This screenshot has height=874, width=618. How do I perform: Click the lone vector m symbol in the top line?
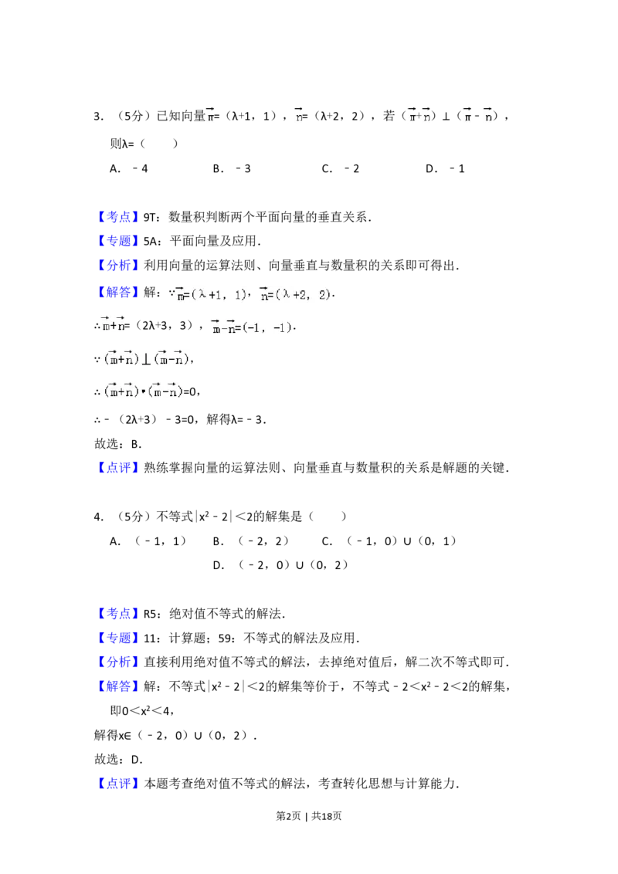pyautogui.click(x=209, y=115)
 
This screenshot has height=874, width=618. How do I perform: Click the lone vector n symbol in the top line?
pyautogui.click(x=297, y=115)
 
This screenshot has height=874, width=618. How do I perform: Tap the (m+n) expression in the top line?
pyautogui.click(x=418, y=115)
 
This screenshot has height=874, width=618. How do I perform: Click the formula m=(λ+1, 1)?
pyautogui.click(x=210, y=295)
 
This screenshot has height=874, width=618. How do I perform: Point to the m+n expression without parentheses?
pyautogui.click(x=114, y=325)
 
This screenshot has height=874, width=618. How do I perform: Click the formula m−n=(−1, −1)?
pyautogui.click(x=253, y=327)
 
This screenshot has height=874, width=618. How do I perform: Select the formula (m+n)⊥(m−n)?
pyautogui.click(x=145, y=358)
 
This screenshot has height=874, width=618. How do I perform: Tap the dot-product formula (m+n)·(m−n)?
pyautogui.click(x=143, y=391)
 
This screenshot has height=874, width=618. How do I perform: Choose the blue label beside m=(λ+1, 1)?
pyautogui.click(x=120, y=293)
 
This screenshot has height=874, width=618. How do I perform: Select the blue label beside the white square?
pyautogui.click(x=120, y=615)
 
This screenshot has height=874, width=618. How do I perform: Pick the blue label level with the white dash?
pyautogui.click(x=120, y=217)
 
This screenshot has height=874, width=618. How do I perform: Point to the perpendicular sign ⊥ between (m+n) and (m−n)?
pyautogui.click(x=146, y=359)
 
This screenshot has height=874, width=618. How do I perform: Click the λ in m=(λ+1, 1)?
pyautogui.click(x=203, y=294)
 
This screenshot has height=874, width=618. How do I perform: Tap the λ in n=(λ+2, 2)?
pyautogui.click(x=287, y=294)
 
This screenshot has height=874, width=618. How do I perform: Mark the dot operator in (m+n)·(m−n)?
pyautogui.click(x=143, y=391)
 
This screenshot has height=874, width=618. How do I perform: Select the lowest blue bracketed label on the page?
pyautogui.click(x=120, y=784)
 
